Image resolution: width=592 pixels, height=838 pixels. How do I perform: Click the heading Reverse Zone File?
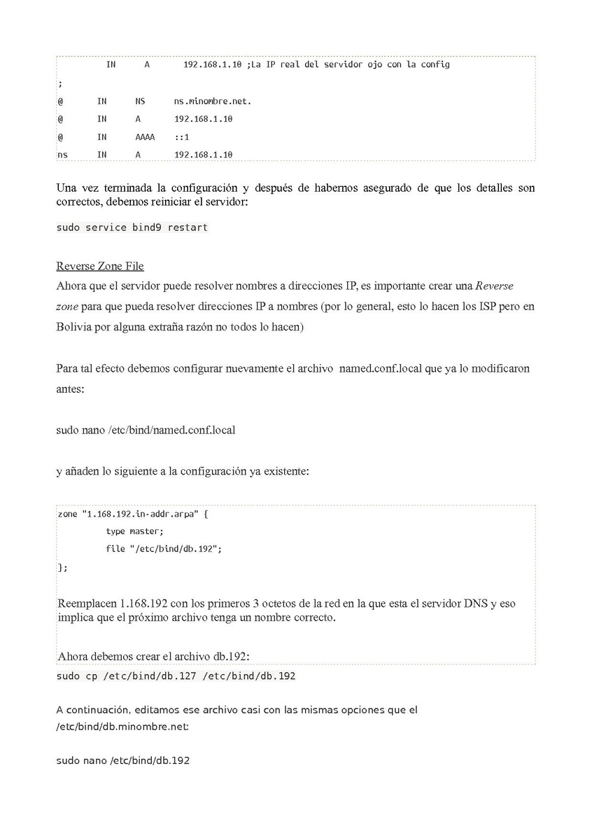coord(99,266)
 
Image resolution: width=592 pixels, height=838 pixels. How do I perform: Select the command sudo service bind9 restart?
coord(132,228)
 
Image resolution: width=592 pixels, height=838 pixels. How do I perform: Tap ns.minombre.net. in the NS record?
coord(213,101)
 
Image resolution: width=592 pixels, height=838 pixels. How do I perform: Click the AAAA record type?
coord(145,137)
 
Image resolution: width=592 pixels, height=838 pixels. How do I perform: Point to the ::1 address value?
coord(182,137)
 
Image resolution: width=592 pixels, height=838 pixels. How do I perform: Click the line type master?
coord(134,531)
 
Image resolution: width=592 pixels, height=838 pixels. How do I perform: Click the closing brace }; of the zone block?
coord(62,568)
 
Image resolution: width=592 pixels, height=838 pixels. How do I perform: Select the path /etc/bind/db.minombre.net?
coord(122,727)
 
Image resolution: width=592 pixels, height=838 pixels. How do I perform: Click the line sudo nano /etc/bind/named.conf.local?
coord(146,430)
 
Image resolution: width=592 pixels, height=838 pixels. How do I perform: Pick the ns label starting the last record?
coord(62,155)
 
